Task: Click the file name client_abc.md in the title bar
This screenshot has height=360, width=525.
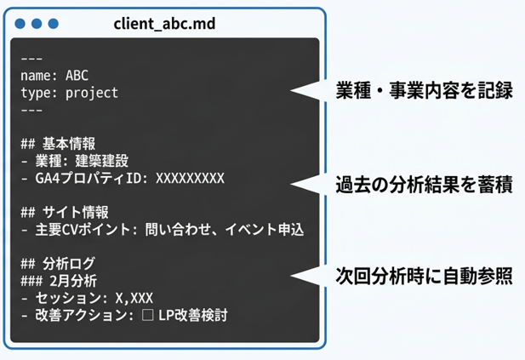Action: [163, 23]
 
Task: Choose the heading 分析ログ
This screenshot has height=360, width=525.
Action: [71, 264]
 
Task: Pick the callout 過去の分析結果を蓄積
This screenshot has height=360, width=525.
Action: [424, 184]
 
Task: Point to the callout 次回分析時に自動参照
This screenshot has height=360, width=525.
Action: [424, 277]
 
